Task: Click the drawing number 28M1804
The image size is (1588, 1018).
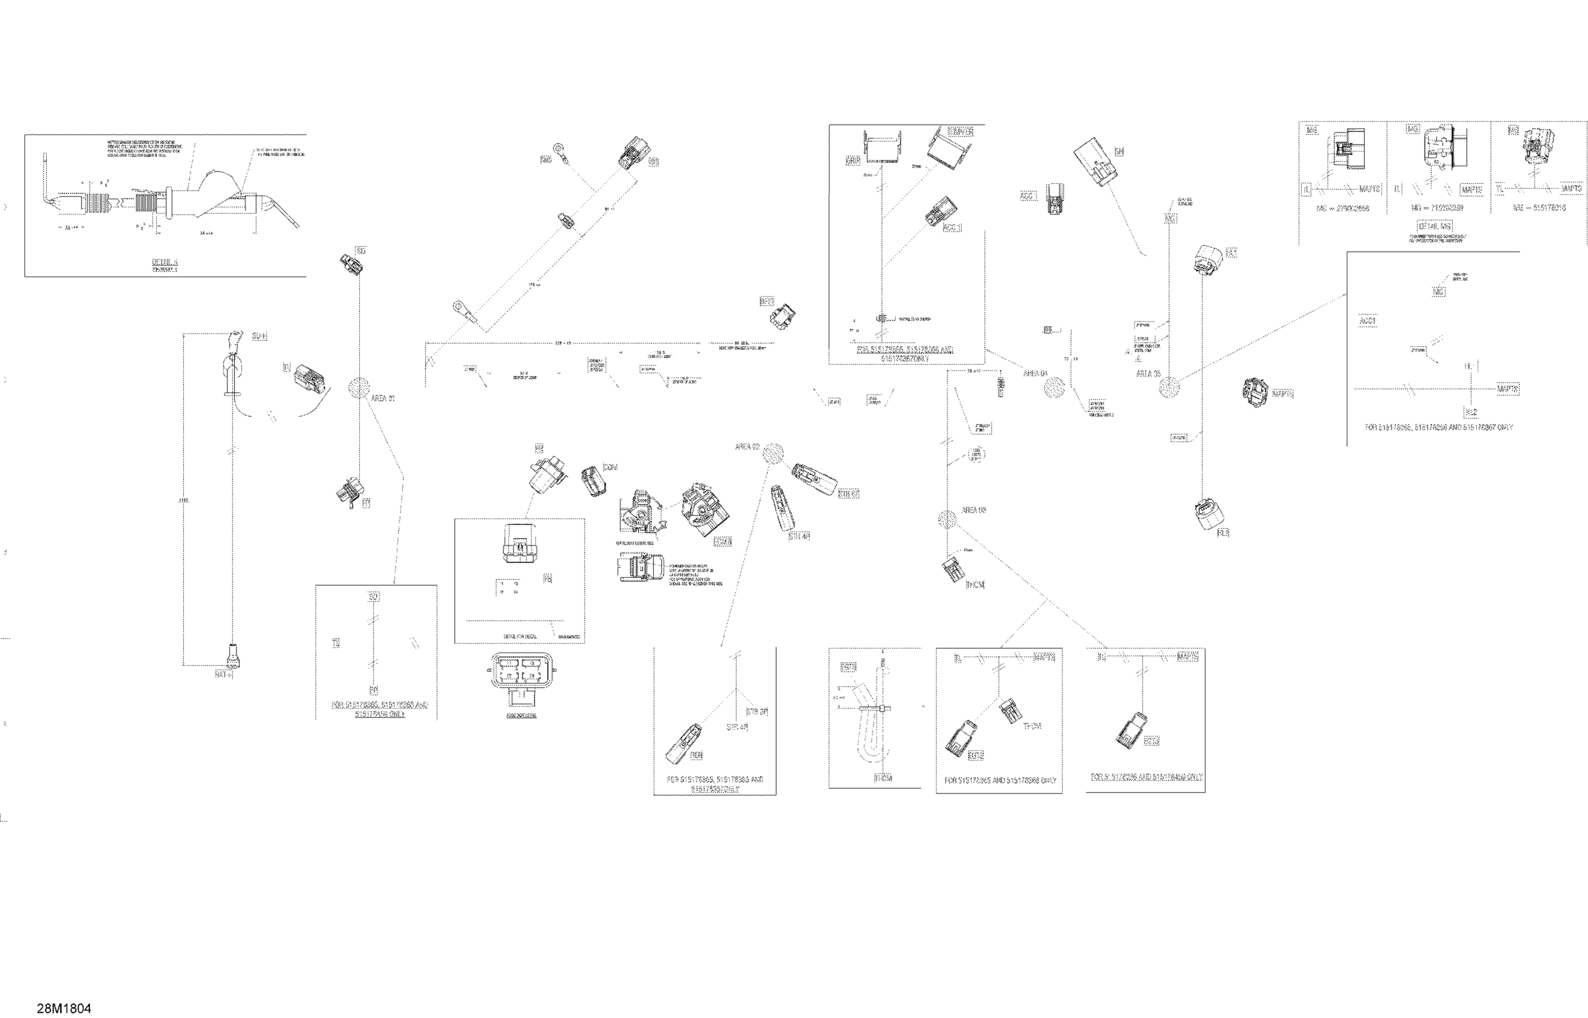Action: pos(64,1008)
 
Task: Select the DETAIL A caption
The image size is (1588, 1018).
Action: pos(165,262)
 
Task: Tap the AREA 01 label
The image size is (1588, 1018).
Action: pos(383,399)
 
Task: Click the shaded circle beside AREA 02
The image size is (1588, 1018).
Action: pos(772,453)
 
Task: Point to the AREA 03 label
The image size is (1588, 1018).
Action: pos(974,510)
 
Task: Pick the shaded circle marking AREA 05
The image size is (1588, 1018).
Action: pos(1169,387)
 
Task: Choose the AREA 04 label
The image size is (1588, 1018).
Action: pos(1035,374)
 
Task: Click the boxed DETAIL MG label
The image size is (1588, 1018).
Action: pos(1435,226)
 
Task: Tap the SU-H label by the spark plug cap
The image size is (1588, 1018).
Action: pos(260,337)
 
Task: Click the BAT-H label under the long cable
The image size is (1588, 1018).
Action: pos(224,674)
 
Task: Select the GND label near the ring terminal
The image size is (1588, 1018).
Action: pos(546,160)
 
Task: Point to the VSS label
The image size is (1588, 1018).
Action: pos(653,162)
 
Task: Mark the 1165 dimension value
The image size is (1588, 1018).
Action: pos(184,501)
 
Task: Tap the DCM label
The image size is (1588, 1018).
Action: pos(610,467)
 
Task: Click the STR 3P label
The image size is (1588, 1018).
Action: pos(757,712)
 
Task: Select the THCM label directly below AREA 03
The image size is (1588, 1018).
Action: pos(975,585)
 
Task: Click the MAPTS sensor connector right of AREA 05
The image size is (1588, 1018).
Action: pos(1254,392)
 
